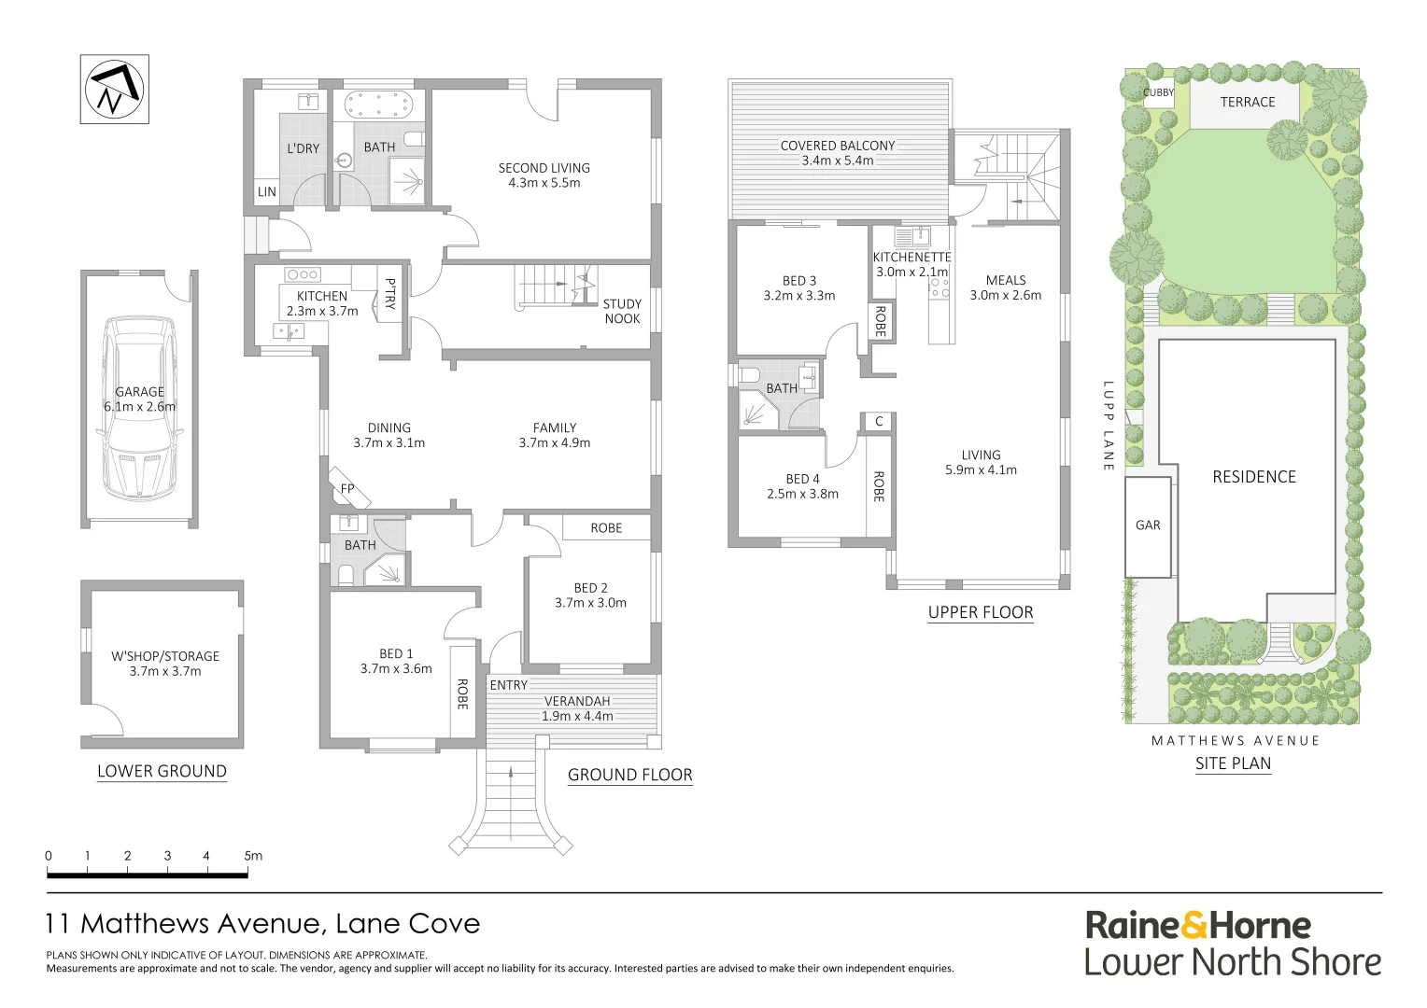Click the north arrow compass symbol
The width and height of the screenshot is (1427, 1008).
coord(114,90)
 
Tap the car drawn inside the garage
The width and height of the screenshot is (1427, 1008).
coord(140,408)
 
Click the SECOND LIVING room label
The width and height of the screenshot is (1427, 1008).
coord(544,169)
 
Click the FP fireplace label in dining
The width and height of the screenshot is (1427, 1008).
coord(347,489)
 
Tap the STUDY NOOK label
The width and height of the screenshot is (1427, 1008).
coord(622,312)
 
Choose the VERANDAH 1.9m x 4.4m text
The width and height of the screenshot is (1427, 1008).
coord(577,709)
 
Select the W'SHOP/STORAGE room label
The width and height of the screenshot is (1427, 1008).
coord(165,656)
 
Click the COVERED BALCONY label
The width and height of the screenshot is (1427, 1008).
coord(838,146)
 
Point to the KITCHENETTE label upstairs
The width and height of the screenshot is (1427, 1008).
coord(911,258)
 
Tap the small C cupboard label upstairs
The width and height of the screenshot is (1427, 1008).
coord(879,422)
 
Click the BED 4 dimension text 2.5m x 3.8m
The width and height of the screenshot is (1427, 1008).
coord(802,495)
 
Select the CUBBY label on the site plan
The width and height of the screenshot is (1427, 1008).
coord(1159,92)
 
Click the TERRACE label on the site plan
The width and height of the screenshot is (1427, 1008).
coord(1247,102)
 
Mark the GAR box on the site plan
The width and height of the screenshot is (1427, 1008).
coord(1148,526)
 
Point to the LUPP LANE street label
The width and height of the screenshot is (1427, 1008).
coord(1108,426)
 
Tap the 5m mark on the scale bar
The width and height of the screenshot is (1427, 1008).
coord(251,856)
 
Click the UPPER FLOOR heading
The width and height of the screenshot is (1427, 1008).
coord(981,613)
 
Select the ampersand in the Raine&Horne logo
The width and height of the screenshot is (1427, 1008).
coord(1194,926)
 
